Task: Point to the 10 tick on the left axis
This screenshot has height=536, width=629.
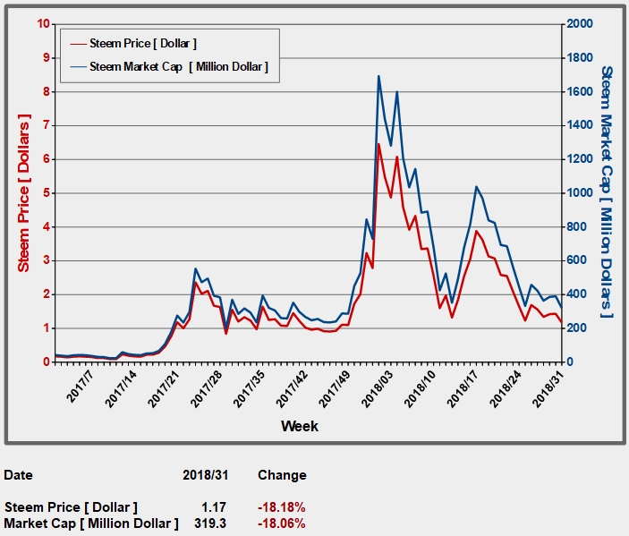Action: point(42,23)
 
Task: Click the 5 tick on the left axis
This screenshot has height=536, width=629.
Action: point(46,193)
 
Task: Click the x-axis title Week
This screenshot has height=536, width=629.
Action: point(299,426)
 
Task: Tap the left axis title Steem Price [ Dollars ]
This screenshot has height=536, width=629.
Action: point(24,192)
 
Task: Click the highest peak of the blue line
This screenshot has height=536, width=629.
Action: point(378,76)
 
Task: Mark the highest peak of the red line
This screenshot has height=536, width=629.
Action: point(378,144)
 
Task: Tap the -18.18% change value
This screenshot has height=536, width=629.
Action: point(282,507)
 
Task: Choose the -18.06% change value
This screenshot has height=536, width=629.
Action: point(282,522)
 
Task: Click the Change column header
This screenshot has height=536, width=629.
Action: point(282,475)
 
